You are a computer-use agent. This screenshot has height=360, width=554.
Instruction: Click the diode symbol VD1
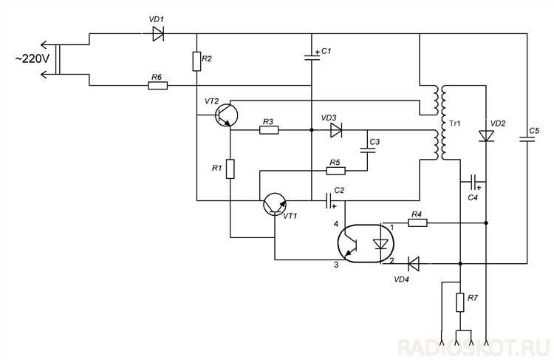click(x=158, y=34)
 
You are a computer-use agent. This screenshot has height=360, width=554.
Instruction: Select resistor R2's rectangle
click(x=196, y=61)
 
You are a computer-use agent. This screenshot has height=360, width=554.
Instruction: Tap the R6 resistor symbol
click(x=157, y=85)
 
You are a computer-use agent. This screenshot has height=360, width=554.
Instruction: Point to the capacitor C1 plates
click(x=312, y=57)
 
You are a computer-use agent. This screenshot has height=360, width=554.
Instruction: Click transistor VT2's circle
click(x=227, y=115)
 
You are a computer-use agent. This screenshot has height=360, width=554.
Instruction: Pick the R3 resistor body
click(x=269, y=130)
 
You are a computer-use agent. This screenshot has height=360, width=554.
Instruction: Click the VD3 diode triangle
click(x=336, y=130)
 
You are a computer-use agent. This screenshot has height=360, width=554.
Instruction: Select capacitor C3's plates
click(x=367, y=149)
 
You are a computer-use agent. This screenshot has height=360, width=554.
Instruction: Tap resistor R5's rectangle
click(x=335, y=171)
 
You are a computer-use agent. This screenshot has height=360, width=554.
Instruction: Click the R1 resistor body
click(x=230, y=169)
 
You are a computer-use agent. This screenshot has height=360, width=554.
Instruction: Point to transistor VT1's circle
click(x=275, y=204)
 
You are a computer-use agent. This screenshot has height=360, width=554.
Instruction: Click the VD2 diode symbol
click(x=486, y=136)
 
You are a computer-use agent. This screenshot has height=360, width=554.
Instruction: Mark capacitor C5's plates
click(x=527, y=139)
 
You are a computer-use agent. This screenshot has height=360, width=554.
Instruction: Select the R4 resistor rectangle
click(x=417, y=223)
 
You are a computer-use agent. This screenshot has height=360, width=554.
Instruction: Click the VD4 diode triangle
click(x=414, y=263)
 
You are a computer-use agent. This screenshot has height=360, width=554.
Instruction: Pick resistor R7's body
click(x=460, y=302)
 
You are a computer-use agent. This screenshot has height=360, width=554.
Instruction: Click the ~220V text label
click(x=33, y=58)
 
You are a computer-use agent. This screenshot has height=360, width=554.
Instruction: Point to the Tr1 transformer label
click(x=455, y=123)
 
